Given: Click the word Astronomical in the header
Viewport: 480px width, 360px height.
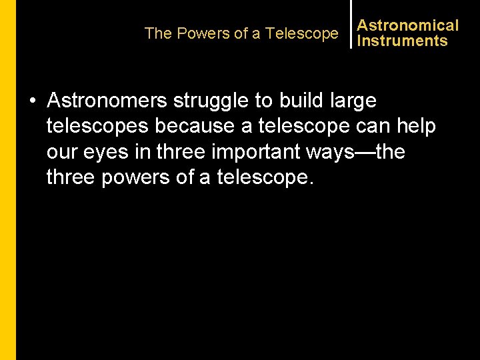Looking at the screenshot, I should click(x=407, y=25).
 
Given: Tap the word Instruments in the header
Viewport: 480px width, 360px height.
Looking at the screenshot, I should click(x=402, y=41).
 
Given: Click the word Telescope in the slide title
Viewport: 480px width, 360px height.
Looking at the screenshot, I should click(x=302, y=33).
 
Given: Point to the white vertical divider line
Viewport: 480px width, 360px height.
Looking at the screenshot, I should click(x=351, y=24).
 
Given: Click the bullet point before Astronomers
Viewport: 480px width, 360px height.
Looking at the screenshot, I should click(x=32, y=101).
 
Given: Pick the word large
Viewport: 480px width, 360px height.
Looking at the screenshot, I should click(x=351, y=101).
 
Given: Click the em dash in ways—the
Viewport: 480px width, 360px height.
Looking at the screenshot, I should click(x=364, y=152).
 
